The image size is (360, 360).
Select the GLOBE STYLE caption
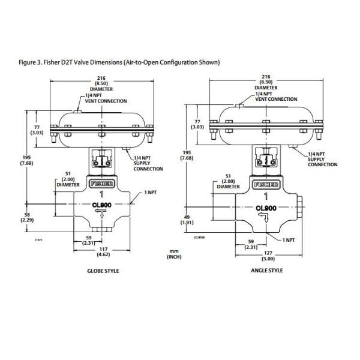(x=103, y=271)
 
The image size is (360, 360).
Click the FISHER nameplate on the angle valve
(x=265, y=185)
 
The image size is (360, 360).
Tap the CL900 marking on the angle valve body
(x=265, y=209)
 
